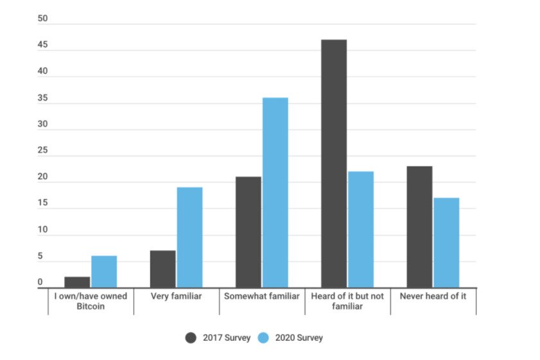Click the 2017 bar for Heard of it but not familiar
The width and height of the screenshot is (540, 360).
tap(334, 164)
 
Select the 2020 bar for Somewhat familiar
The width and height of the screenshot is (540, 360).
tap(275, 193)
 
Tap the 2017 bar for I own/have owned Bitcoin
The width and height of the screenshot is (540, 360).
tap(77, 282)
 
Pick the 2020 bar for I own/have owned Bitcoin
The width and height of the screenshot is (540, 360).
tap(104, 271)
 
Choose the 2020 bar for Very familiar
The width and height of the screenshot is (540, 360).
tap(189, 237)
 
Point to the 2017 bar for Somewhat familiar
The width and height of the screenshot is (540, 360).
tap(248, 232)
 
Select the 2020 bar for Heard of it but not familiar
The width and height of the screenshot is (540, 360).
tap(361, 229)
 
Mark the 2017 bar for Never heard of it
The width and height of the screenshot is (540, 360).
tap(419, 227)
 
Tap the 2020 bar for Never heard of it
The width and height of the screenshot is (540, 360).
tap(446, 243)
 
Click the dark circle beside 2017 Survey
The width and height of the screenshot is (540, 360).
tap(191, 338)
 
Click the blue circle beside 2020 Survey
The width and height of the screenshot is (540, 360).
tap(263, 338)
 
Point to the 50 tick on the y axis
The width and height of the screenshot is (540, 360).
tap(43, 19)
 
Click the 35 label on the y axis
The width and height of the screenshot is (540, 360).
tap(43, 98)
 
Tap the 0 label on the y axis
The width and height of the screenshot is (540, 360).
tap(40, 282)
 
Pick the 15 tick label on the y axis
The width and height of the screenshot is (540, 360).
tap(43, 203)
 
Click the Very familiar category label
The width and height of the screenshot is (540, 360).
tap(176, 296)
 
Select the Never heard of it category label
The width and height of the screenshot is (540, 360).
tap(433, 296)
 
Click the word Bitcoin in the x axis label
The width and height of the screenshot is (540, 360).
tap(91, 306)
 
